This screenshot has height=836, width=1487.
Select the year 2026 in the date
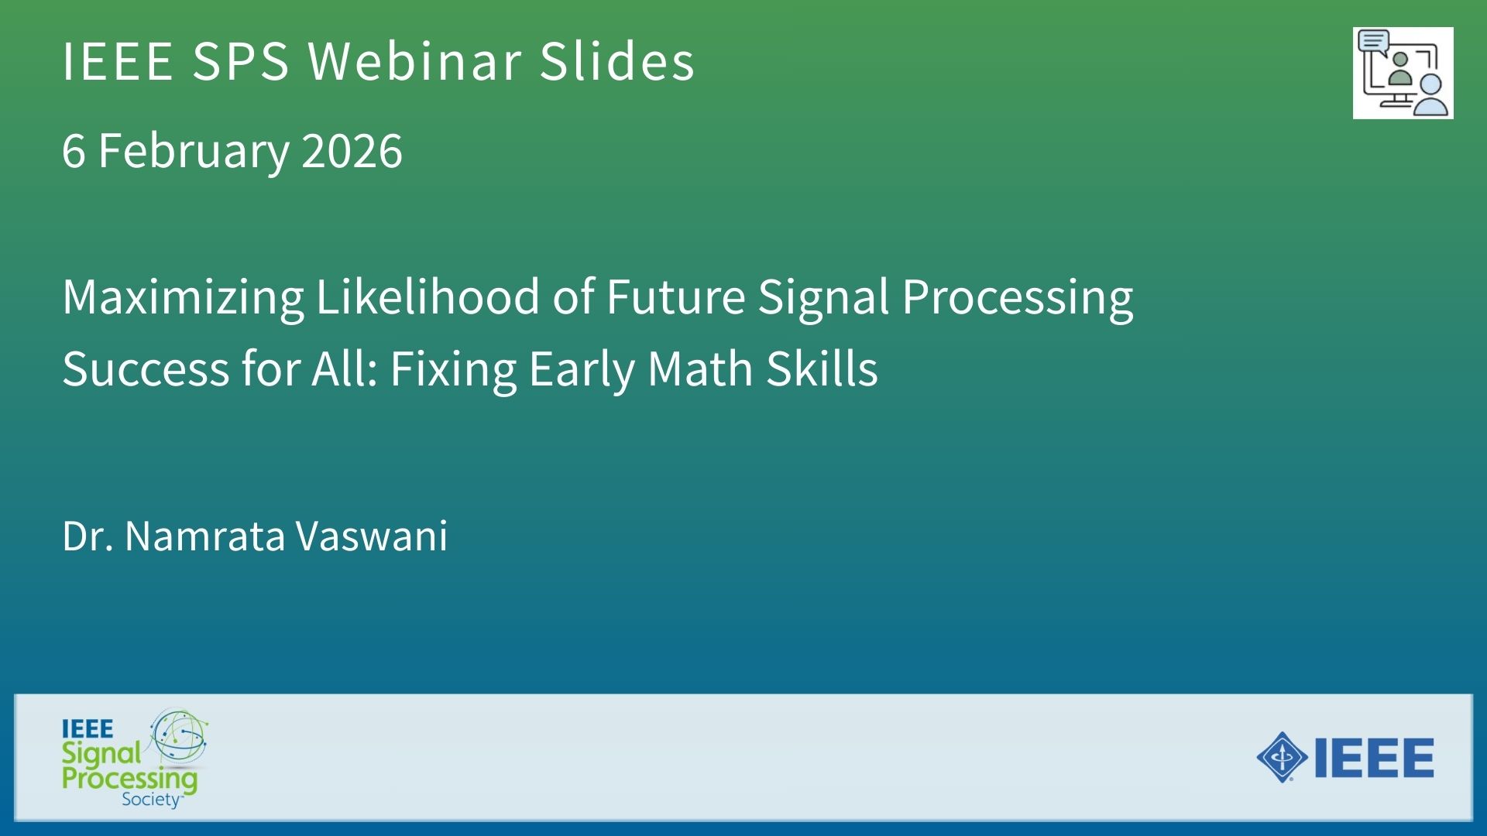tap(352, 150)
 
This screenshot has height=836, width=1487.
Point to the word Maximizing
tap(184, 298)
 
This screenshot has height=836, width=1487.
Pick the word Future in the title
tap(675, 297)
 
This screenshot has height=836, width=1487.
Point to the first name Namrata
tap(205, 536)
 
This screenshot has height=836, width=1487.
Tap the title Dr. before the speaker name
tap(88, 536)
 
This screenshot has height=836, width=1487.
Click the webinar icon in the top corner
tap(1403, 74)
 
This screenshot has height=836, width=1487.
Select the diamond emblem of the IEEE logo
tap(1283, 757)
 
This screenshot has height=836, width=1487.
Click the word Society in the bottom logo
tap(151, 800)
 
